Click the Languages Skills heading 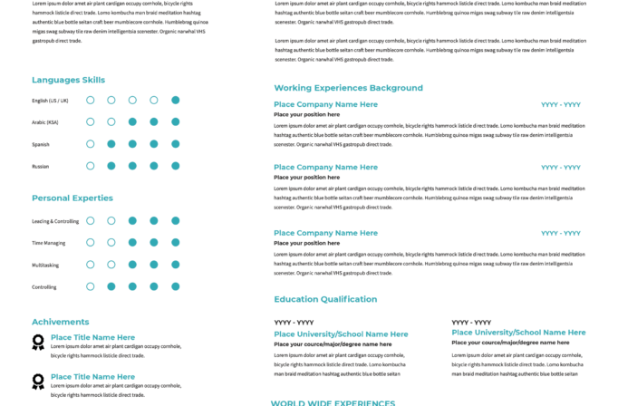click(x=68, y=80)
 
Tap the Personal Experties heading click(x=72, y=198)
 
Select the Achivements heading click(x=60, y=322)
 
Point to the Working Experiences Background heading click(x=348, y=88)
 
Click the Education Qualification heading click(x=325, y=299)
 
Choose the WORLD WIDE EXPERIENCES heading click(x=333, y=402)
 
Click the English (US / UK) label click(x=50, y=101)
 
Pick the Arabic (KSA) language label click(x=45, y=122)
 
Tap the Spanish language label click(x=41, y=144)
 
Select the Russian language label click(x=41, y=166)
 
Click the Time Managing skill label click(x=48, y=243)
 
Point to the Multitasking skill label click(x=45, y=265)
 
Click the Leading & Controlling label click(x=55, y=221)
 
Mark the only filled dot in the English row click(x=176, y=100)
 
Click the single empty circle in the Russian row click(x=91, y=166)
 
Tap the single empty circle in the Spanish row click(x=91, y=144)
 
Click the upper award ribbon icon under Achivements click(x=38, y=342)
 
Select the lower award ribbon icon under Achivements click(x=38, y=382)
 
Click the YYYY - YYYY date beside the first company click(x=560, y=105)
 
